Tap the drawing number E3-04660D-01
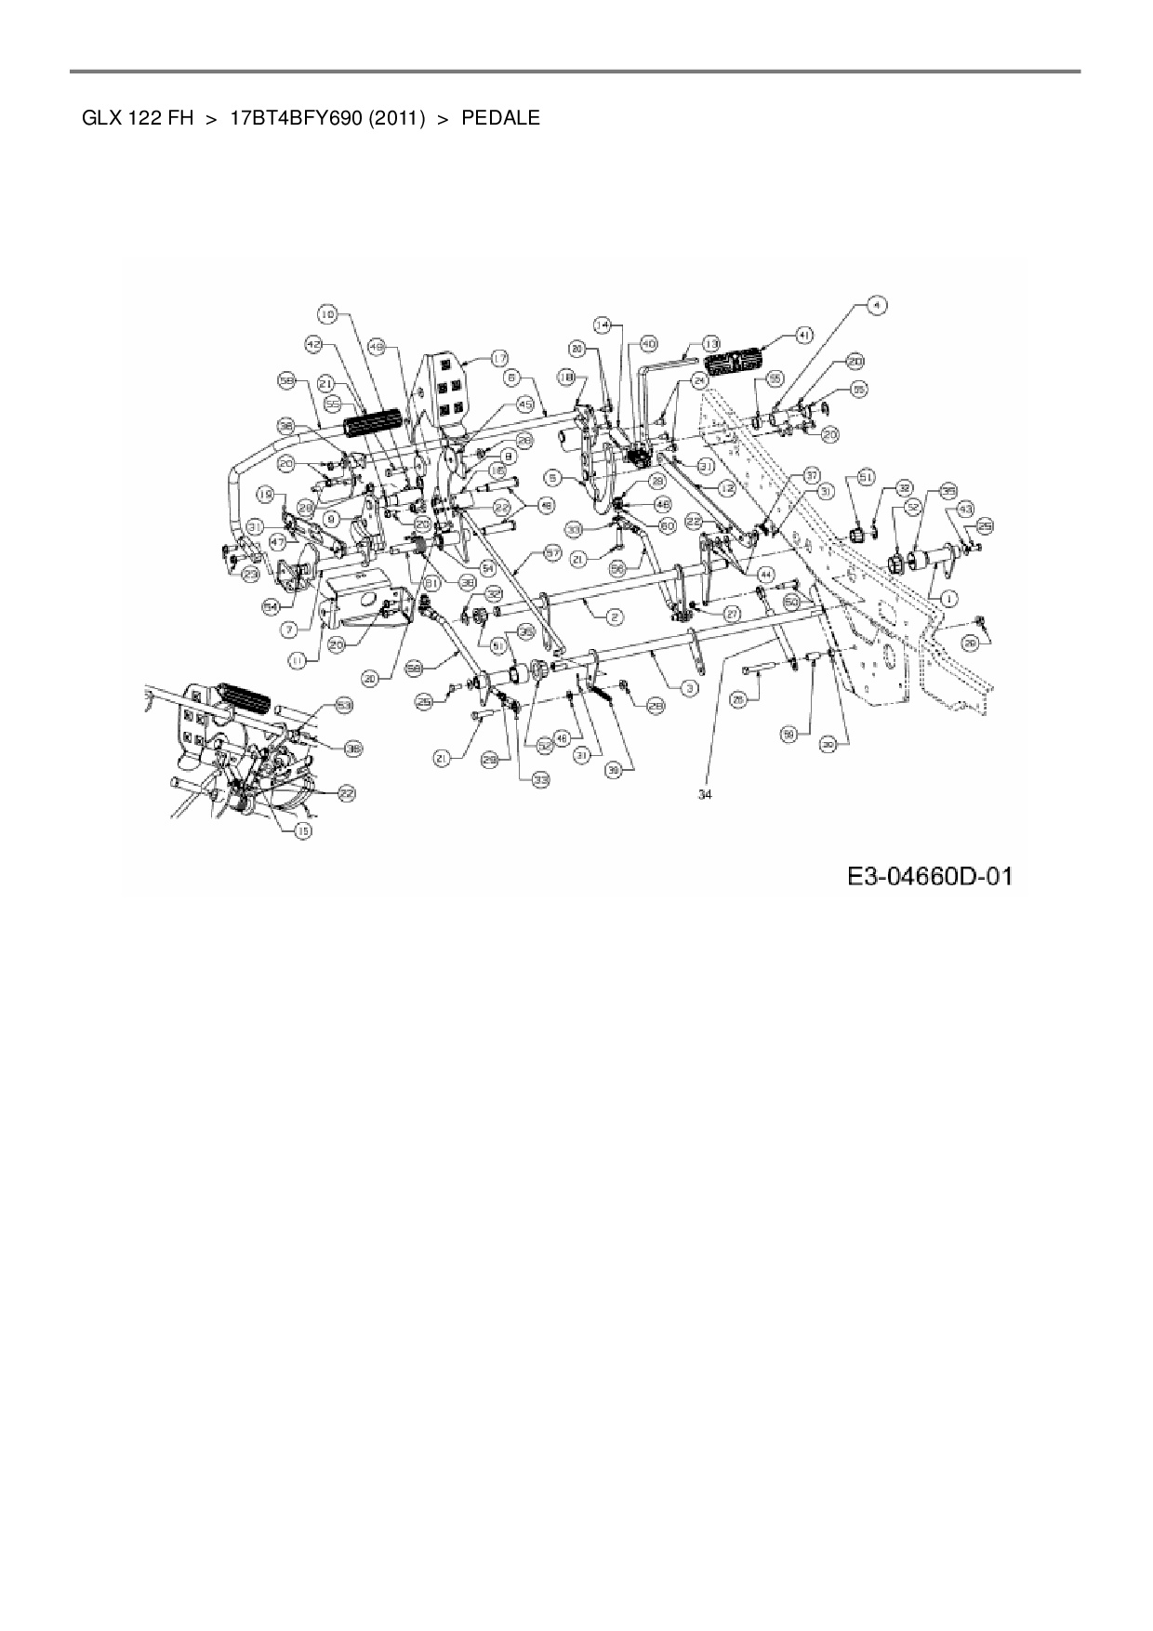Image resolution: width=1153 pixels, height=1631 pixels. click(x=929, y=876)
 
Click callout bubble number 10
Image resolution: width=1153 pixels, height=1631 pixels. click(x=327, y=314)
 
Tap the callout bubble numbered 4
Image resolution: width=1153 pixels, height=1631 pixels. click(x=876, y=304)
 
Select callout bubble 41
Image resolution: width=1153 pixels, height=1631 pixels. click(x=805, y=333)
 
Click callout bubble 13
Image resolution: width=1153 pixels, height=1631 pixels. click(x=711, y=341)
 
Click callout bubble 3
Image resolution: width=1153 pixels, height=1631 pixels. click(x=689, y=687)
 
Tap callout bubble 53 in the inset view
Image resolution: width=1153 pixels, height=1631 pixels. click(x=345, y=707)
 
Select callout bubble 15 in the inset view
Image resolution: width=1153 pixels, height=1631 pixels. click(x=302, y=830)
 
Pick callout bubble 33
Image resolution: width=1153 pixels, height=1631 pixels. click(x=540, y=781)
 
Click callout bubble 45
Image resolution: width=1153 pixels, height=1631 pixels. click(x=525, y=405)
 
